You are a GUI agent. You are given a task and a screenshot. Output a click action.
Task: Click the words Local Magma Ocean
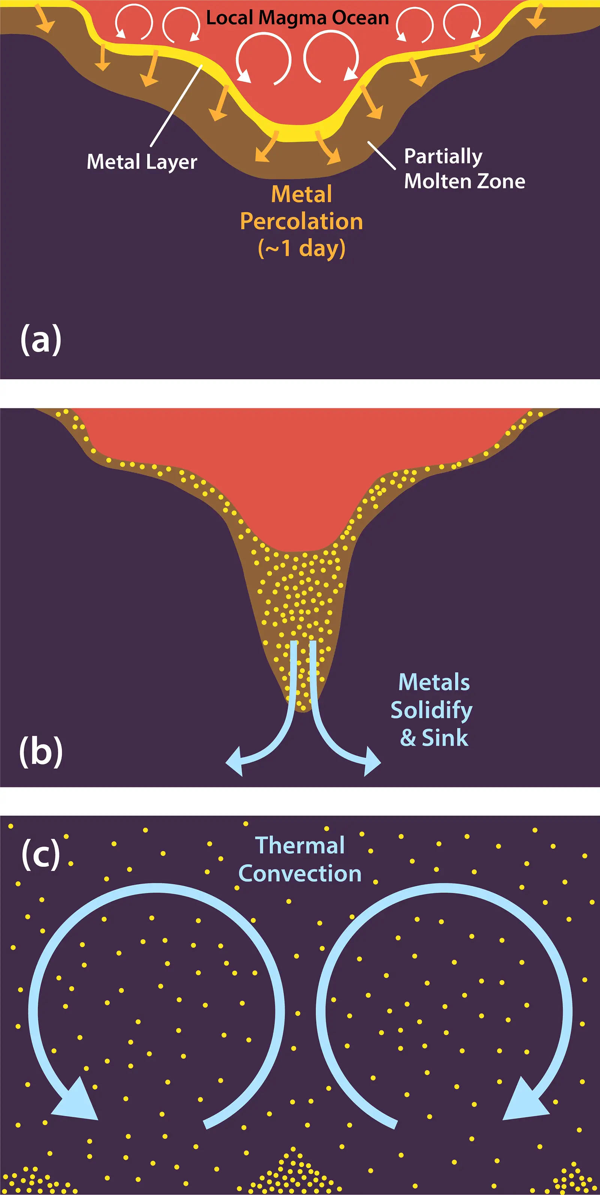297,18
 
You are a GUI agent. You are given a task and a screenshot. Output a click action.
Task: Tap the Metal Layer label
142,162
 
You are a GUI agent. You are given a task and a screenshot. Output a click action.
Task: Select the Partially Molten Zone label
464,169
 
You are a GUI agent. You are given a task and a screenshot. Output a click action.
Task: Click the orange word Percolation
301,222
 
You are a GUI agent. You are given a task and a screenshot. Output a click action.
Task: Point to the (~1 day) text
301,248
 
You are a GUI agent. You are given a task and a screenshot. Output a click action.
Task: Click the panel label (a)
41,340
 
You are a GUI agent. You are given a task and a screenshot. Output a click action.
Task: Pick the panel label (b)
41,752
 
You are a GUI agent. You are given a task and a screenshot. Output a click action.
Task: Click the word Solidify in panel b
432,711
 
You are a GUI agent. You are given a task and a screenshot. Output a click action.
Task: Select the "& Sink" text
434,738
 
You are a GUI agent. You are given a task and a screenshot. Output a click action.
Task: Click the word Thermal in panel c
300,845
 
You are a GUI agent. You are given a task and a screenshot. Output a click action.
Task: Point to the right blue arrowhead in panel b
371,761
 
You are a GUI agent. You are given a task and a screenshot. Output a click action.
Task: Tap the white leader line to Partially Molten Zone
381,155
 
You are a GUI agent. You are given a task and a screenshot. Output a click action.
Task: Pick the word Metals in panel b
434,682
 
